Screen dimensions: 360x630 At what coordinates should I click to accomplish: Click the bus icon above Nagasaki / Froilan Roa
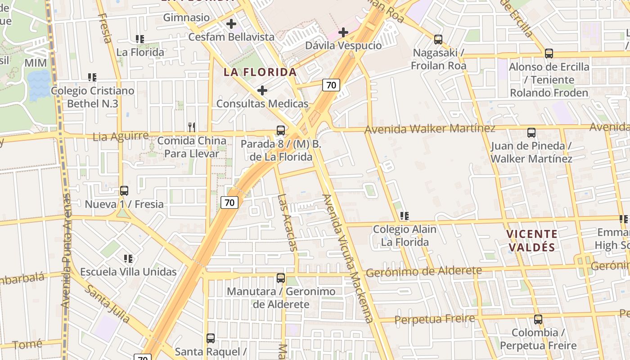pos(438,40)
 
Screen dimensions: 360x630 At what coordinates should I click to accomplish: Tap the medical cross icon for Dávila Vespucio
pos(343,32)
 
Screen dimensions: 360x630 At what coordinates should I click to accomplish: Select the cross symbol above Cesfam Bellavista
pos(231,24)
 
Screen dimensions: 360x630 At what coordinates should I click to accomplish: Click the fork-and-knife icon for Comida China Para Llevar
pos(192,127)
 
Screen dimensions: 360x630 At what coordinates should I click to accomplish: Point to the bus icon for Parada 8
pos(281,131)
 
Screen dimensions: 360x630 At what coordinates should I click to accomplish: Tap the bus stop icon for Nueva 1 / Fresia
pos(124,191)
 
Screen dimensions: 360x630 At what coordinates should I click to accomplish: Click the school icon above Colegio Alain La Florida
pos(405,216)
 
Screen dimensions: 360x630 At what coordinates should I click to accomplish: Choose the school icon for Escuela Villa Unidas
pos(128,259)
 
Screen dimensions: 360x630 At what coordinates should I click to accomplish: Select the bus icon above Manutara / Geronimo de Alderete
pos(281,278)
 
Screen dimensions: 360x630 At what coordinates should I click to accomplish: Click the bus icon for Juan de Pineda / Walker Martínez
pos(531,133)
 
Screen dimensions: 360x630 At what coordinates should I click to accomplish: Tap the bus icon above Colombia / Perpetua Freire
pos(538,319)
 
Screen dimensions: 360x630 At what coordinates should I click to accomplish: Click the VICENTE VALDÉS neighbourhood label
pos(531,240)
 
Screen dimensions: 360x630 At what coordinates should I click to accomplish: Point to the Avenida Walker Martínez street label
pos(430,129)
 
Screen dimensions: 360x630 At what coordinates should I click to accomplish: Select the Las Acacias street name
pos(288,222)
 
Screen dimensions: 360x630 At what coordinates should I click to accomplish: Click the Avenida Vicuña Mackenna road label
pos(348,258)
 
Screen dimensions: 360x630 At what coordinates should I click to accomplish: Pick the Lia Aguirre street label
pos(121,136)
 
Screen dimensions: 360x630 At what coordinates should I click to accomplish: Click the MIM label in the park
pos(36,63)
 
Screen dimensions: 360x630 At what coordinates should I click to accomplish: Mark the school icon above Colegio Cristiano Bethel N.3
pos(92,77)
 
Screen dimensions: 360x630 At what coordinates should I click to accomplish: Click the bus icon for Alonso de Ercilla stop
pos(549,54)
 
